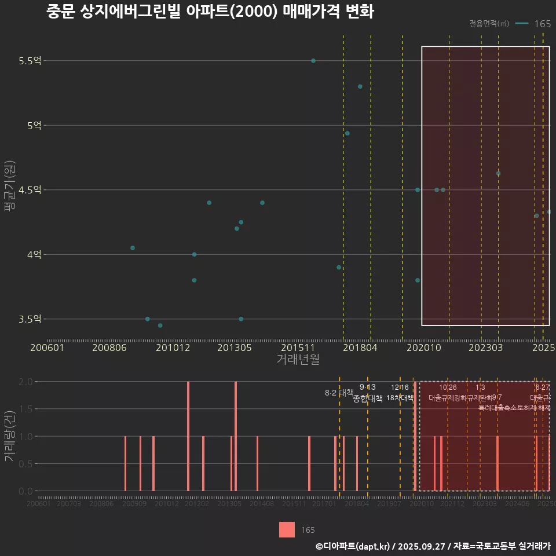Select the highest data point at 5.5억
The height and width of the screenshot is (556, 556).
click(x=313, y=61)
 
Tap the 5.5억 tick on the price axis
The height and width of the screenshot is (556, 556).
click(x=28, y=61)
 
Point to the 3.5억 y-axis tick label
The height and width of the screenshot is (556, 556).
click(x=28, y=319)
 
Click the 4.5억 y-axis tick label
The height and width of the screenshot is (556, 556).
click(x=28, y=190)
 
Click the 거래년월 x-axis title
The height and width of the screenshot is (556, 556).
click(x=298, y=359)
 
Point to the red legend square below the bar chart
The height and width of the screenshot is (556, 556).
click(x=287, y=529)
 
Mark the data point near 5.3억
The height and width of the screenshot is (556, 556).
click(x=360, y=87)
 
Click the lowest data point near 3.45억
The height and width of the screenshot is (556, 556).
click(x=160, y=325)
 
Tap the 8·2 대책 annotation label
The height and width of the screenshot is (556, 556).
click(x=339, y=393)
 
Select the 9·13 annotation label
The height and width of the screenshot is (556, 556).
click(x=367, y=387)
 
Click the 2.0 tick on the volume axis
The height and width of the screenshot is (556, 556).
click(x=25, y=382)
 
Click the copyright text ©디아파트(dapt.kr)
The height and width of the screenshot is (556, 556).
click(x=353, y=546)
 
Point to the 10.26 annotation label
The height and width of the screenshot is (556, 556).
click(x=448, y=387)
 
